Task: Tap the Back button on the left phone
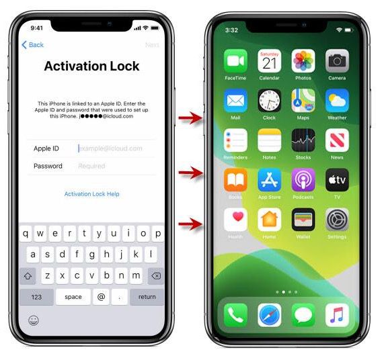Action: (32, 45)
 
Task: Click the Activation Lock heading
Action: (91, 66)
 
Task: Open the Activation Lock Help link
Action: (91, 194)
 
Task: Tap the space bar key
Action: (73, 296)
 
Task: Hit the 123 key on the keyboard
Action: (36, 296)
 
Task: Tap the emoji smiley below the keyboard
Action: (33, 320)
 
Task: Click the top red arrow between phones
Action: (191, 119)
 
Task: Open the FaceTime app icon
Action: (235, 61)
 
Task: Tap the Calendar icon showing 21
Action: (269, 61)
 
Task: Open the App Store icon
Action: (269, 180)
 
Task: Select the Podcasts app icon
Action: (303, 180)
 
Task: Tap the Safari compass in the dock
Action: (269, 314)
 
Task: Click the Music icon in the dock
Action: (337, 314)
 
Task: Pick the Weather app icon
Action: (337, 101)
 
